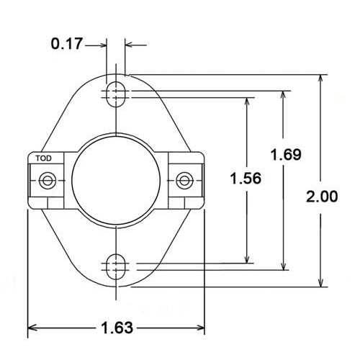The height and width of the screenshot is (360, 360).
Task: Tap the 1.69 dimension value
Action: point(285,154)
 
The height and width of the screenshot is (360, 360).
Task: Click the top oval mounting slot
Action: point(115,92)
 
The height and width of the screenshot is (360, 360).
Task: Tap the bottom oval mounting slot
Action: point(115,267)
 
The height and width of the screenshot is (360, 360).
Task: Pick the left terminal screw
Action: point(48,179)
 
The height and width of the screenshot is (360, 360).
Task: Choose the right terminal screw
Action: point(184,179)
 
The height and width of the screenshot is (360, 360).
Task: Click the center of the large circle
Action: point(115,179)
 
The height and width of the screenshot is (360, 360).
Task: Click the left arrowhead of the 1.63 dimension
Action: point(32,329)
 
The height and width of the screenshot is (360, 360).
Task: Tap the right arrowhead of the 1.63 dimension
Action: point(201,329)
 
